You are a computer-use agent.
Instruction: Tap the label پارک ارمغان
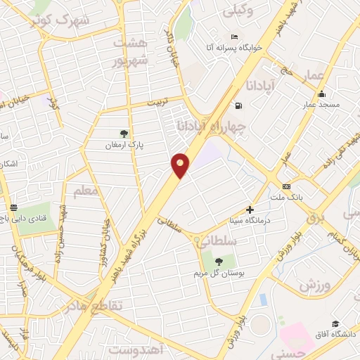click(x=124, y=144)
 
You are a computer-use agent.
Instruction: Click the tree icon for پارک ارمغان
click(x=124, y=133)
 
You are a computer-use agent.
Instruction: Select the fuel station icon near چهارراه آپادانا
click(x=239, y=106)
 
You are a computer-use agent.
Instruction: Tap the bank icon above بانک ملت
click(x=286, y=186)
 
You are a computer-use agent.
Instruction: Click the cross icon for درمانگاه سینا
click(x=250, y=209)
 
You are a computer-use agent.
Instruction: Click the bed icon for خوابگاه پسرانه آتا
click(x=234, y=37)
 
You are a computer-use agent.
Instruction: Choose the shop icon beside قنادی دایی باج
click(x=14, y=207)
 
